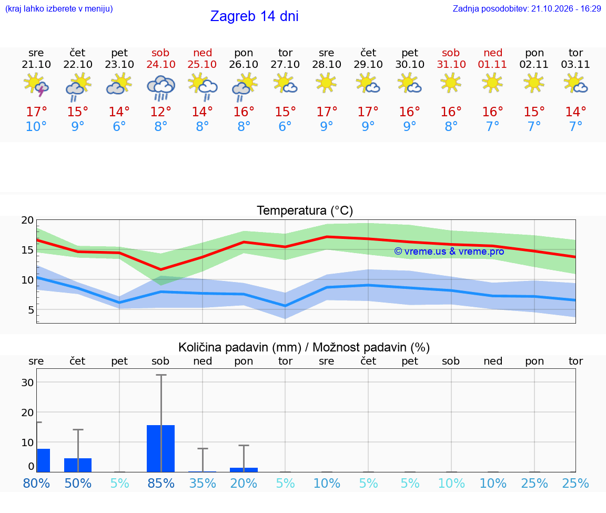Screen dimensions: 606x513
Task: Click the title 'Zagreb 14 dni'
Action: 254,16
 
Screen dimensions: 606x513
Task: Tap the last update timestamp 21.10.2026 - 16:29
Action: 566,8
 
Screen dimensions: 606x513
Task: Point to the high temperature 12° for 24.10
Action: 161,112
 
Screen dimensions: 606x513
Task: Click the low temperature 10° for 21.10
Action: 36,126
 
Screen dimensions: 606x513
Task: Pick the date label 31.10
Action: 451,65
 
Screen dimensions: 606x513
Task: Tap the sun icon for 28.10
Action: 326,83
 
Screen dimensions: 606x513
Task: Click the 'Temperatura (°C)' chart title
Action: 305,210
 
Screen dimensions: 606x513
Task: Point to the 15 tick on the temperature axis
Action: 27,250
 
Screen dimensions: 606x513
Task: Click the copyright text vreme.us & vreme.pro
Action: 449,252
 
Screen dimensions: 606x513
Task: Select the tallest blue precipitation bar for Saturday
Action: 161,448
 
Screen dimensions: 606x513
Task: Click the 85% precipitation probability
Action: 161,483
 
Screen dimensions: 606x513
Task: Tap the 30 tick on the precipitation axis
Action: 27,383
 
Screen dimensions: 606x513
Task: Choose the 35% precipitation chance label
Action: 203,483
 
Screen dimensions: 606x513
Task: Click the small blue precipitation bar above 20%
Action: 244,470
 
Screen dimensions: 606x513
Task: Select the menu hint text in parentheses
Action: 59,8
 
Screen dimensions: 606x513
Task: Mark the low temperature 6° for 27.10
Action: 285,126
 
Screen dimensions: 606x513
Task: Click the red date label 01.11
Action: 492,65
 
